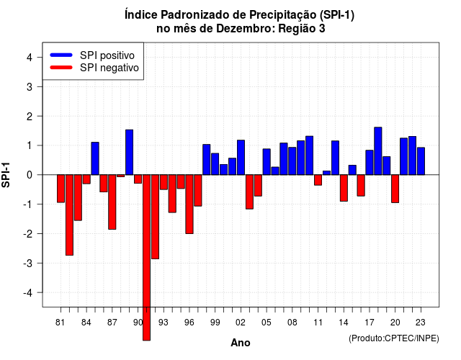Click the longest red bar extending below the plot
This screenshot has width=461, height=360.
coord(146,258)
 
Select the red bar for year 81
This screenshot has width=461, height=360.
coord(61,189)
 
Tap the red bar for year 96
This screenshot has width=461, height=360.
coord(189,204)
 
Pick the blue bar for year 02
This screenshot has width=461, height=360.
coord(241,157)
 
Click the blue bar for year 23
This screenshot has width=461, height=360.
coord(421,161)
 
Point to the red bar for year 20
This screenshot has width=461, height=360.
coord(395,189)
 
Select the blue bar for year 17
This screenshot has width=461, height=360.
coord(370,163)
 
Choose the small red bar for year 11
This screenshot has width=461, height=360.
coord(318,180)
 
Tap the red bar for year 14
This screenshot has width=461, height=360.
coord(344,188)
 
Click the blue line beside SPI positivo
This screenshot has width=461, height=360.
coord(61,55)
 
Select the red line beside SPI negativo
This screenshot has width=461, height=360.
coord(61,67)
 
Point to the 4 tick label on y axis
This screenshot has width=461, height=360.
coord(30,58)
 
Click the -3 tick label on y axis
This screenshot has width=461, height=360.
coord(28,264)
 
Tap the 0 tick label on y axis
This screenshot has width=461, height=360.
coord(30,175)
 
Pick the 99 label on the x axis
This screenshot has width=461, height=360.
coord(215,323)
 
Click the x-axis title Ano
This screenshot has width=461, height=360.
coord(241,343)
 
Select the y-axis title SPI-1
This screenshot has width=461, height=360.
coord(6,175)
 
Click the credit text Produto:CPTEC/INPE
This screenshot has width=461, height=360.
coord(394,338)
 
